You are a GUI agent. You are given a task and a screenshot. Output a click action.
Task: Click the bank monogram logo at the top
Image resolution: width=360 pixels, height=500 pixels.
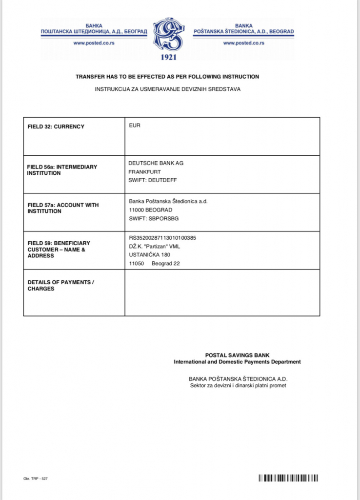click(x=168, y=35)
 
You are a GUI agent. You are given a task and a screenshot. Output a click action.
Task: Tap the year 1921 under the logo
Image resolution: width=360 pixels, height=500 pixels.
click(x=168, y=57)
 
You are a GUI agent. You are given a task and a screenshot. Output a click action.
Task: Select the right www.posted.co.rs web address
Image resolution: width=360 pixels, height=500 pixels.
click(x=243, y=43)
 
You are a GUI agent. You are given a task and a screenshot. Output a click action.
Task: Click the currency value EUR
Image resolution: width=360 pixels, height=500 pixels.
click(x=134, y=125)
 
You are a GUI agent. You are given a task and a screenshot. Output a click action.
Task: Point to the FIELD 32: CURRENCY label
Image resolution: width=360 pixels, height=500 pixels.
click(x=56, y=126)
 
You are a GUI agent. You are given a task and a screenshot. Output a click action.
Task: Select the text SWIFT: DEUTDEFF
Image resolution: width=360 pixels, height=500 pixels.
click(x=153, y=180)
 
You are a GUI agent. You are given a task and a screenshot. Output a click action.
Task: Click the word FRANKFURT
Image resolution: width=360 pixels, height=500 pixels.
click(x=144, y=171)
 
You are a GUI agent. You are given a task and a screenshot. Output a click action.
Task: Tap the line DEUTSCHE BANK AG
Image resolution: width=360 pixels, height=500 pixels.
click(x=156, y=163)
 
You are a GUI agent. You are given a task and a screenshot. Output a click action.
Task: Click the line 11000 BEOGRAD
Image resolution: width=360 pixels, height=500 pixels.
click(x=150, y=209)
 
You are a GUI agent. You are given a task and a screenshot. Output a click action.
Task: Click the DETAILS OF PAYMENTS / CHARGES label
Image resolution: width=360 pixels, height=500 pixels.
click(x=60, y=285)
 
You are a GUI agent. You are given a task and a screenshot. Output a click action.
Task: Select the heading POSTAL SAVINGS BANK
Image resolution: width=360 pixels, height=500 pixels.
click(x=237, y=355)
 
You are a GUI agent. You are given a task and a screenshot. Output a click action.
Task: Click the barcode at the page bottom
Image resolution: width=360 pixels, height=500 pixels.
click(x=288, y=478)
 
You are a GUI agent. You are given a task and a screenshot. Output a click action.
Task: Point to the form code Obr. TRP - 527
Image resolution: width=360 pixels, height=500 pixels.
click(x=36, y=479)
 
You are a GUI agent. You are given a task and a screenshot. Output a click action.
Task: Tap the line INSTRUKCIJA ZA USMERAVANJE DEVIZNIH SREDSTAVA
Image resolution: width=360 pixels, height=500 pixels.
click(x=167, y=89)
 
